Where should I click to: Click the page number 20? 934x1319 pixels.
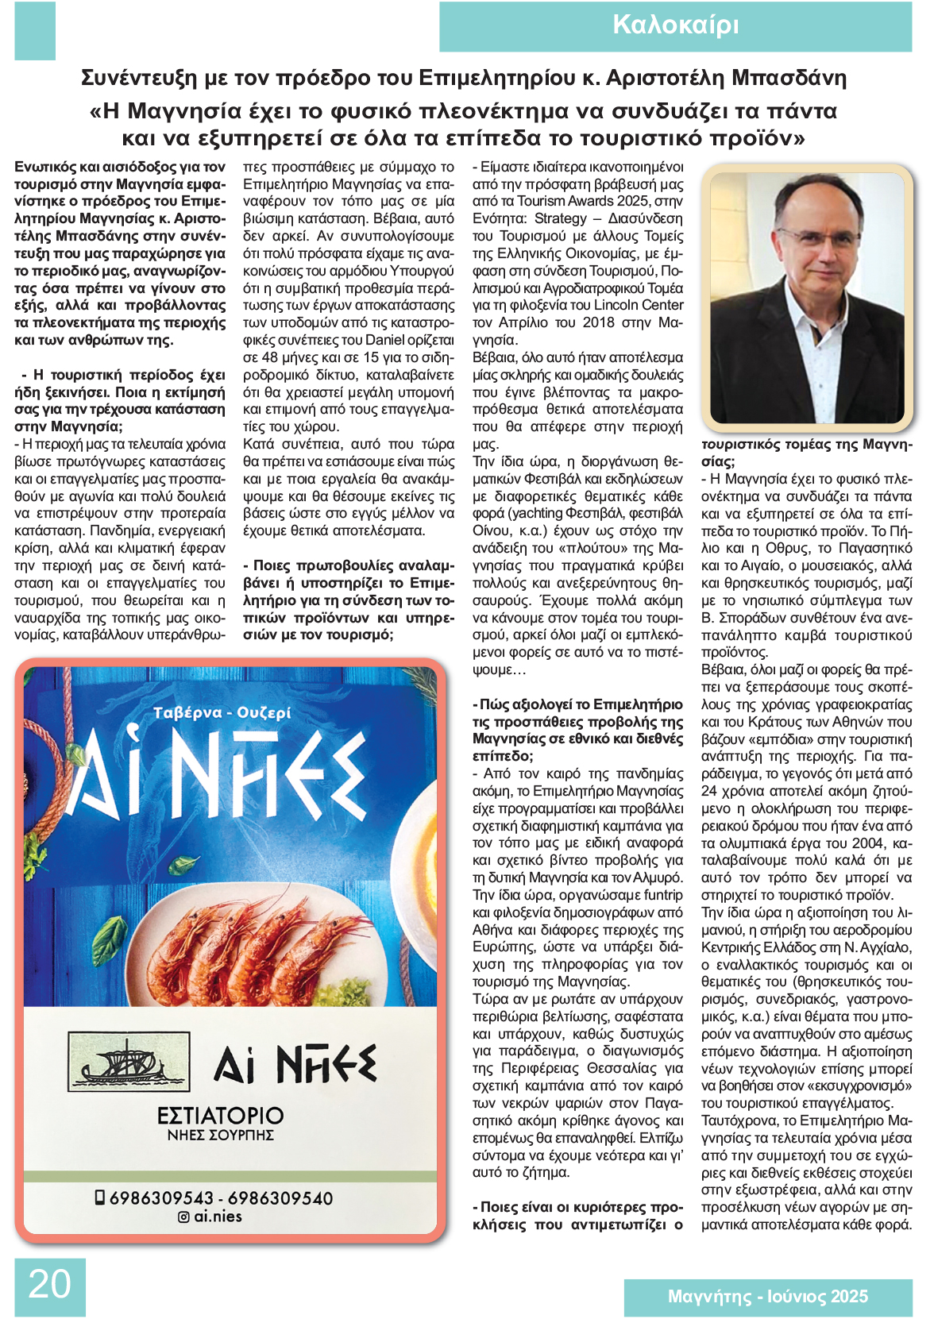tap(49, 1284)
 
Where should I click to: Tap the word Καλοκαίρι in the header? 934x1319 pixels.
tap(675, 25)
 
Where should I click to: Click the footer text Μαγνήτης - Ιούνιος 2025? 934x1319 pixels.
tap(767, 1297)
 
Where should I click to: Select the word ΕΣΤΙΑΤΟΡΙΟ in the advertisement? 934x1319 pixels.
tap(220, 1115)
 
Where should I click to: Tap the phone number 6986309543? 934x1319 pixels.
tap(161, 1198)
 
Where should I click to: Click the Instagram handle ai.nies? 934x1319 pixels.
tap(218, 1217)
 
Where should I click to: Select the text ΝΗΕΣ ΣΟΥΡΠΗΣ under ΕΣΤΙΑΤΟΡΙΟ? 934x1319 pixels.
tap(220, 1136)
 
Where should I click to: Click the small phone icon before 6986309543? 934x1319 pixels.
tap(99, 1198)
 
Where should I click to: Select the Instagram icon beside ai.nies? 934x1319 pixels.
tap(183, 1217)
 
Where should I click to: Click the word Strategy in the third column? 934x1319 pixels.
tap(561, 218)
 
